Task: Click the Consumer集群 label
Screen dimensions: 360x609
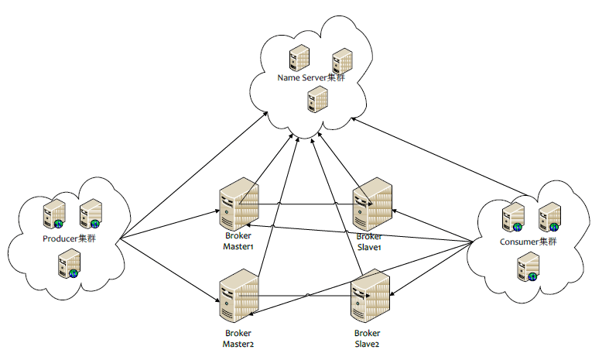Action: tap(529, 242)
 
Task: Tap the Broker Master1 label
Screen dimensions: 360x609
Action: tap(238, 240)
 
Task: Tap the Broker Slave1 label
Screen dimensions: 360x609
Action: tap(370, 241)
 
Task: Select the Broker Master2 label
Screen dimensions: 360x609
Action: tap(238, 338)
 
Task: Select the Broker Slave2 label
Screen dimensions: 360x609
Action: tap(368, 338)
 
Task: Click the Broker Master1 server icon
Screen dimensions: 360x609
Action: tap(238, 205)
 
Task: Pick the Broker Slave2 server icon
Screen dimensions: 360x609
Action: tap(370, 297)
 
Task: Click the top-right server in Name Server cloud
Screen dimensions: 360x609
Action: tap(341, 61)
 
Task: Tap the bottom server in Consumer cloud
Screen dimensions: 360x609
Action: tap(527, 268)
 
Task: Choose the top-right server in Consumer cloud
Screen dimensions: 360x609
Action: tap(549, 217)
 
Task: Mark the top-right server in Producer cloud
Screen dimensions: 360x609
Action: tap(91, 213)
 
